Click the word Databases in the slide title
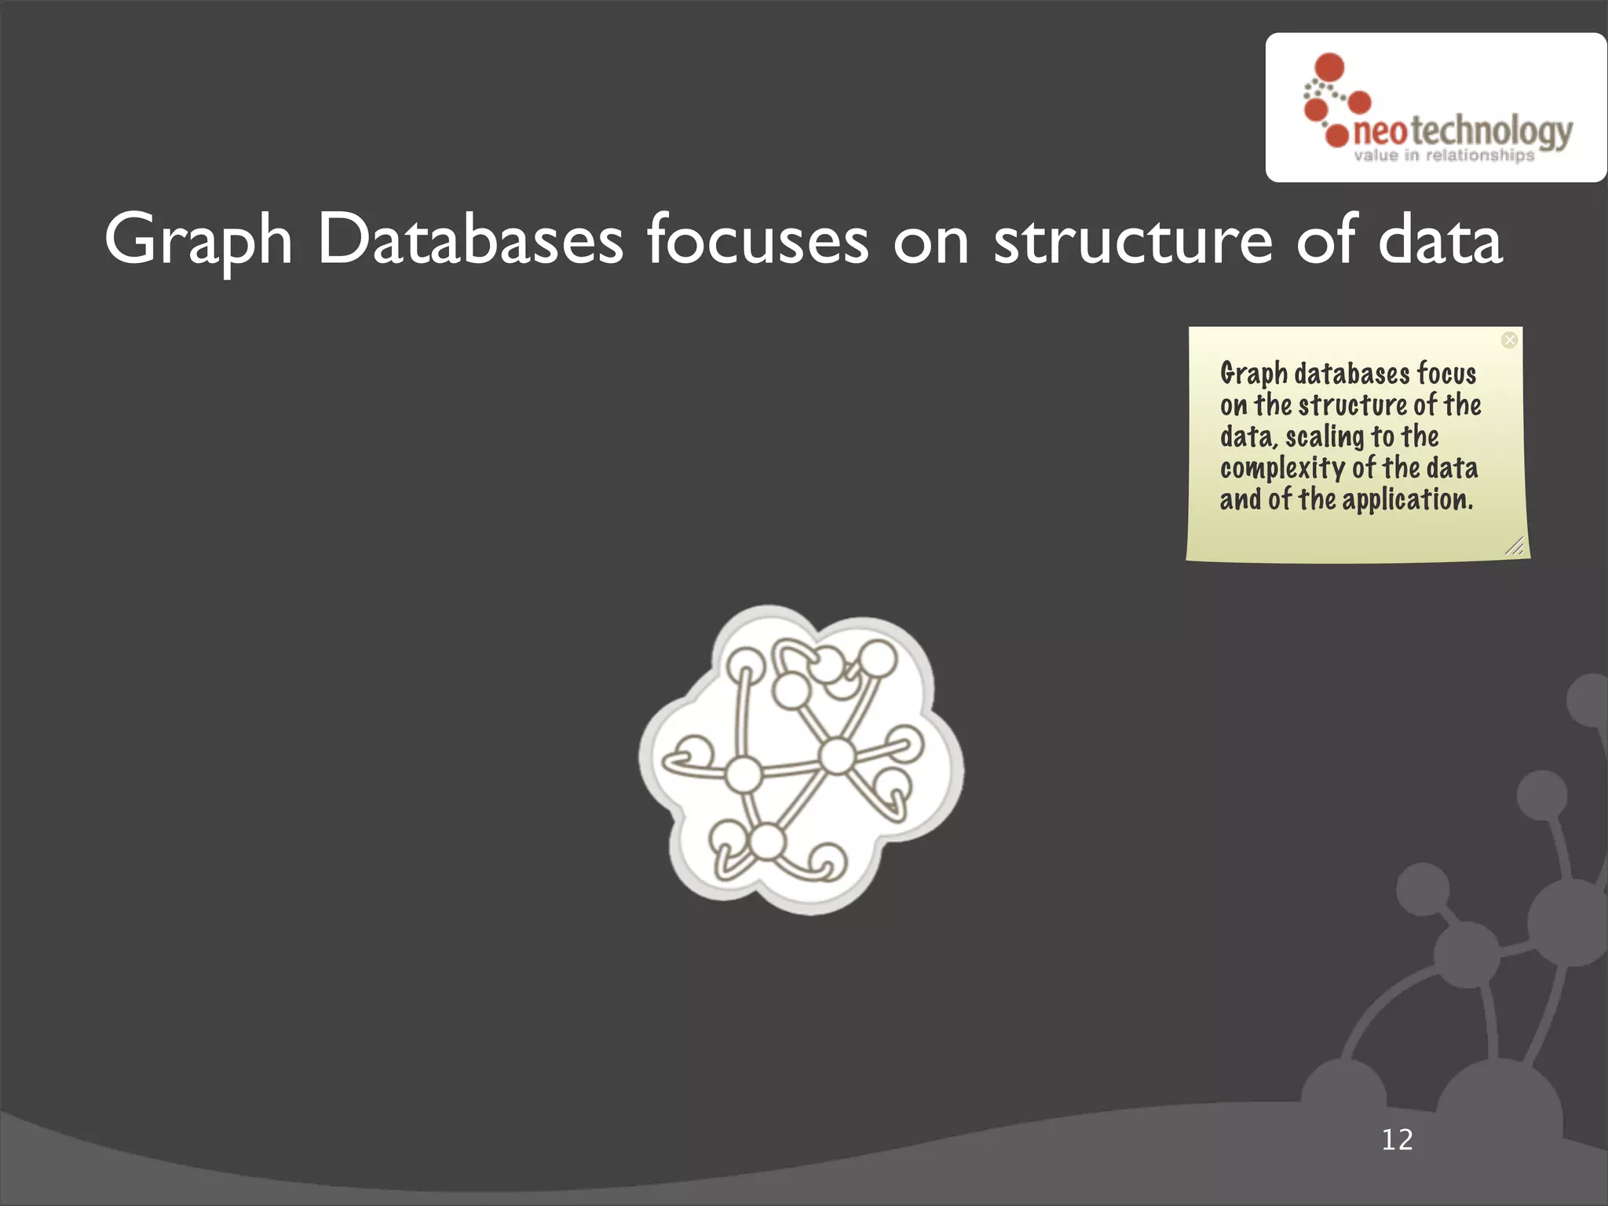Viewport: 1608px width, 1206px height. [x=470, y=239]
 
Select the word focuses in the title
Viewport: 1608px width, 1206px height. [x=758, y=239]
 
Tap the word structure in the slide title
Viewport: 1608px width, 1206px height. [x=1132, y=239]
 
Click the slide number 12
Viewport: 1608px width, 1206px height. [x=1397, y=1139]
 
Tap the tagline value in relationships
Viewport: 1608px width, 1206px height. [x=1443, y=155]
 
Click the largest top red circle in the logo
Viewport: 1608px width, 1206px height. [x=1329, y=66]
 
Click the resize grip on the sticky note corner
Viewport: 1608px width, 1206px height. [x=1515, y=546]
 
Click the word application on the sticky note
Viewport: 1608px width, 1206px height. [x=1406, y=500]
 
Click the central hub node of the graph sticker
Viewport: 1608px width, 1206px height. [x=837, y=756]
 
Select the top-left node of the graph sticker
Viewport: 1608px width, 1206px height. [x=744, y=667]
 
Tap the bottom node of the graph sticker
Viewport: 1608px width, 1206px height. [x=767, y=842]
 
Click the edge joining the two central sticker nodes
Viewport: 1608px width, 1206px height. [x=790, y=766]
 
